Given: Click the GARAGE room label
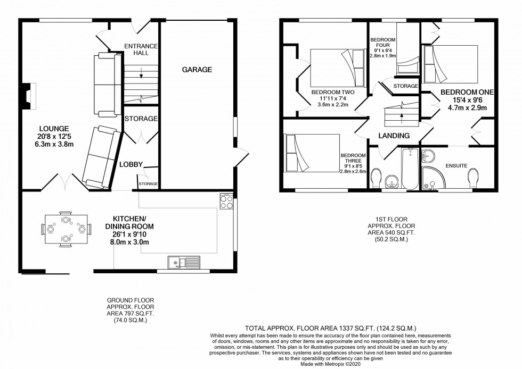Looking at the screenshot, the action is (197, 70).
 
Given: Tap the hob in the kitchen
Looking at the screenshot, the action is (226, 201).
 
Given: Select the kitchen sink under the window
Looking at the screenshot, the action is (184, 262).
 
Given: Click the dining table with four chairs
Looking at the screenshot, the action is (66, 229).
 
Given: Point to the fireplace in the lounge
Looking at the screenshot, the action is (29, 96).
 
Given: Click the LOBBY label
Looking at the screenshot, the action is (131, 164).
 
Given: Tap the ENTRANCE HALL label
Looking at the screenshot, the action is (141, 49).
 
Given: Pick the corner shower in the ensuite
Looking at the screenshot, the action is (433, 179).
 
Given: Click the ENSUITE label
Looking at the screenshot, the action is (456, 165).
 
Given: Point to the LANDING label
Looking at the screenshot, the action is (394, 136).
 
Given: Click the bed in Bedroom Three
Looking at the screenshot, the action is (312, 153).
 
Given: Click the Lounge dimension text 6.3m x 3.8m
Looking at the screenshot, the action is (54, 144).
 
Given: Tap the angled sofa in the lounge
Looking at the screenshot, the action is (102, 156).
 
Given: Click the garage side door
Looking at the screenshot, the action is (241, 157).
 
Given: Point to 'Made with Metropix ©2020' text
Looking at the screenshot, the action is (330, 364).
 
